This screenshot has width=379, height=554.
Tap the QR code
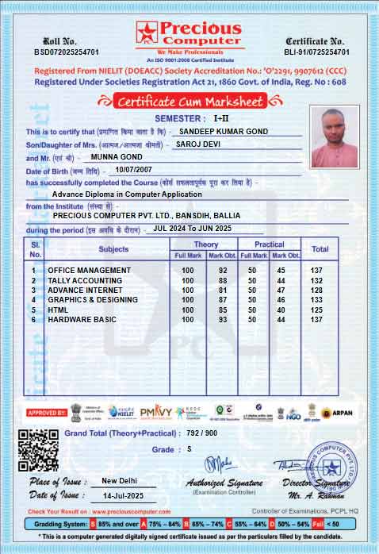[x=38, y=450]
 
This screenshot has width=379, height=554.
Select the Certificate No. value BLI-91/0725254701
[x=316, y=52]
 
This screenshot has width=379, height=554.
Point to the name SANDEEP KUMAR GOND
[x=224, y=131]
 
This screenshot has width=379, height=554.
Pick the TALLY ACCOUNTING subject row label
[x=85, y=280]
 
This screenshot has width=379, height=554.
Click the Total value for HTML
[x=317, y=310]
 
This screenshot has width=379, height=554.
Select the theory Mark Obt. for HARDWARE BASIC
[x=223, y=319]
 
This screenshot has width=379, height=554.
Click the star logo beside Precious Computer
[x=147, y=33]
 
